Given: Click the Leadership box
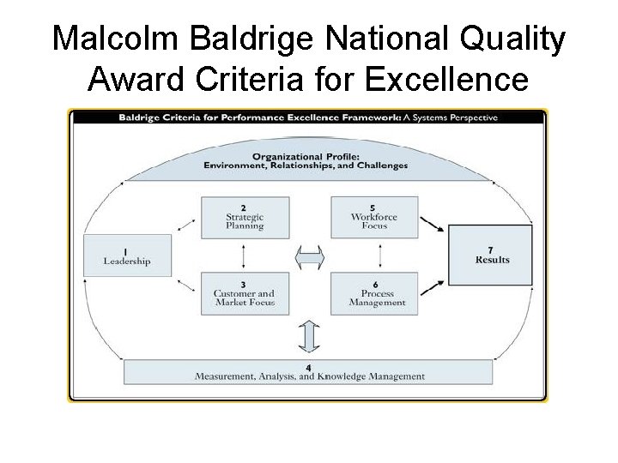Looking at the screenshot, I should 127,256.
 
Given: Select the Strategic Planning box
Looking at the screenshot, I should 245,218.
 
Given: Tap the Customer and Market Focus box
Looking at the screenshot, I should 245,294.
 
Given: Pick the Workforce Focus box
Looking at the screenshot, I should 374,218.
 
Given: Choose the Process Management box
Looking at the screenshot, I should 374,294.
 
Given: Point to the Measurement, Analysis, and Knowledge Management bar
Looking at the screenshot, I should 309,372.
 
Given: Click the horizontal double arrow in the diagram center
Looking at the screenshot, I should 309,256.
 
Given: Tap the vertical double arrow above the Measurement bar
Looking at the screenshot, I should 309,335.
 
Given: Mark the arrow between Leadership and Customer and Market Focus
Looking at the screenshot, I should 185,285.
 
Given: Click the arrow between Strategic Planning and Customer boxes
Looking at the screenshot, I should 245,256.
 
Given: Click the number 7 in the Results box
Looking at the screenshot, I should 490,250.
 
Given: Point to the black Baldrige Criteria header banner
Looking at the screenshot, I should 308,117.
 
